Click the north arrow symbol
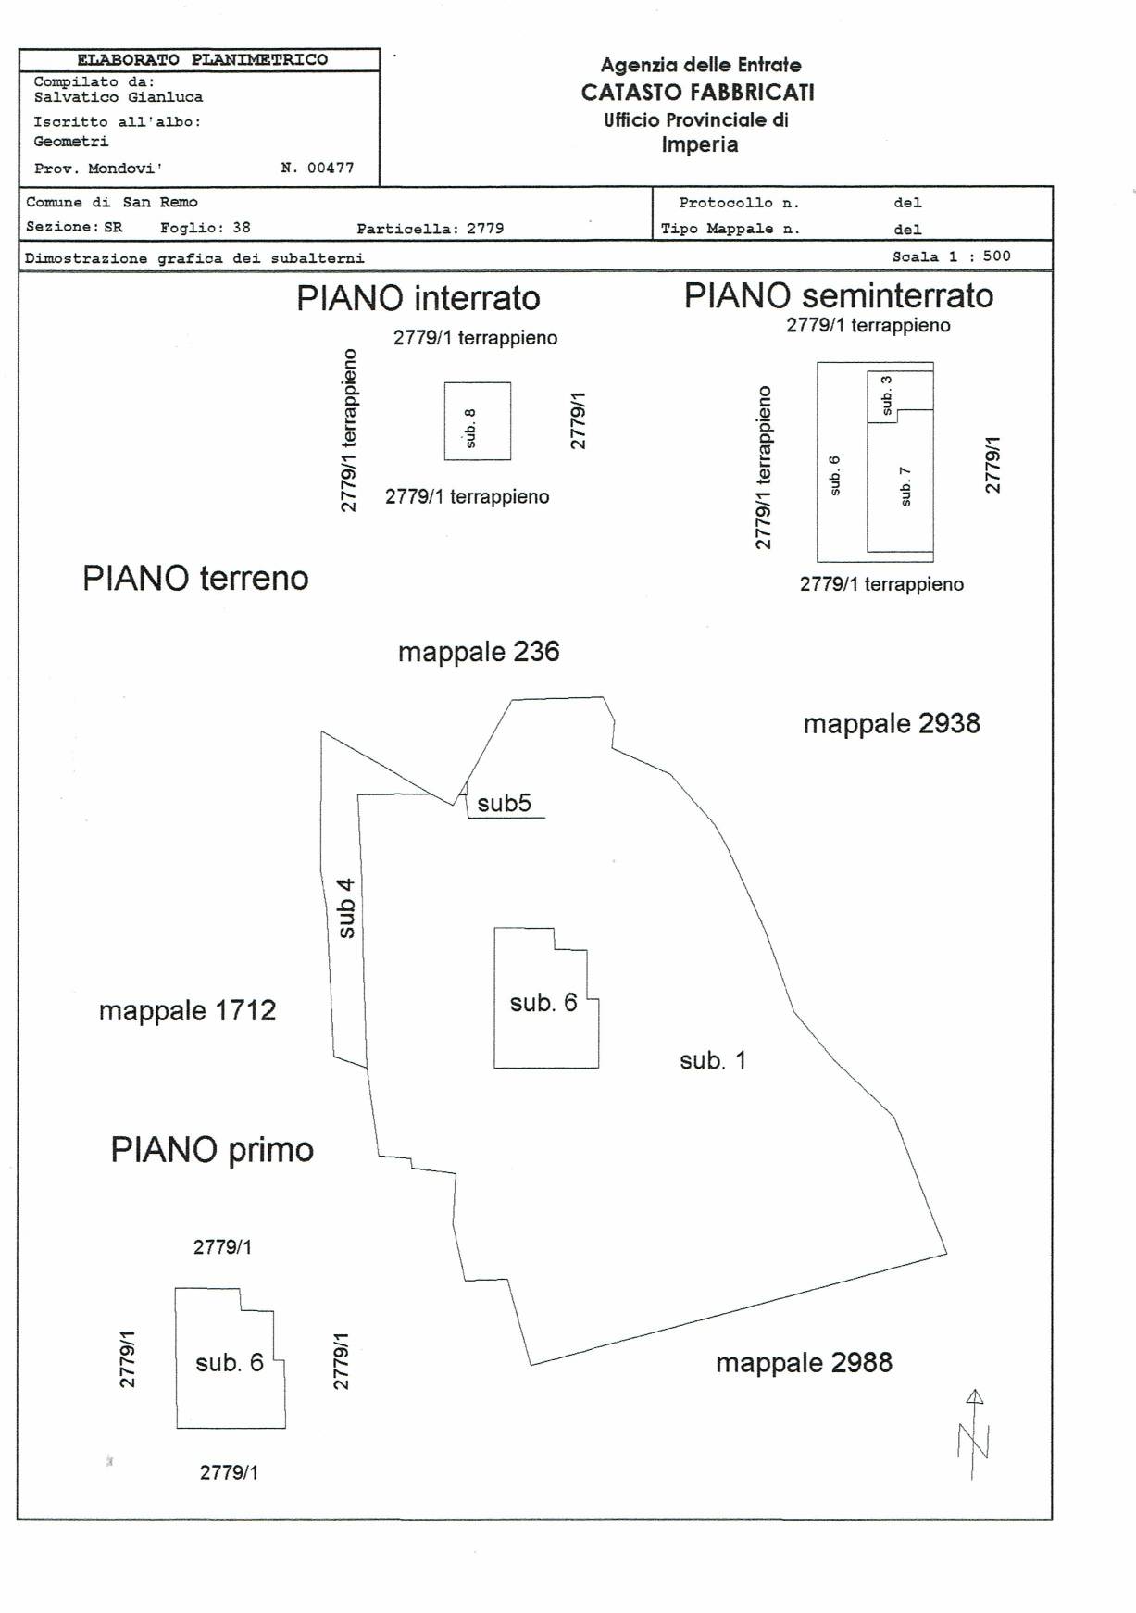(973, 1434)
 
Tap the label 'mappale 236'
(479, 652)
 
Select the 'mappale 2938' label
(892, 723)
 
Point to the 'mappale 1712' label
(188, 1010)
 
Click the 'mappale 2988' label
(804, 1363)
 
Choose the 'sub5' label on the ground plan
(505, 803)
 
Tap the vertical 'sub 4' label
(346, 908)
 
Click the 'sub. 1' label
(713, 1060)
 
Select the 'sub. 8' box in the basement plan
(478, 421)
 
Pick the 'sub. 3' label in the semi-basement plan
(887, 395)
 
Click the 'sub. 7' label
(905, 486)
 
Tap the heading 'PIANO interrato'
(418, 298)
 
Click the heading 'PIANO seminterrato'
(839, 296)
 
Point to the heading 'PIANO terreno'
(195, 578)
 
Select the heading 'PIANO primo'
(212, 1150)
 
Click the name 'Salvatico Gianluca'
(119, 97)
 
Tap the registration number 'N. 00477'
(318, 169)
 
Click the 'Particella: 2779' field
(431, 229)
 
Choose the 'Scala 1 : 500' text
(952, 256)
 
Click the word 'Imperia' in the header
(700, 144)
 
